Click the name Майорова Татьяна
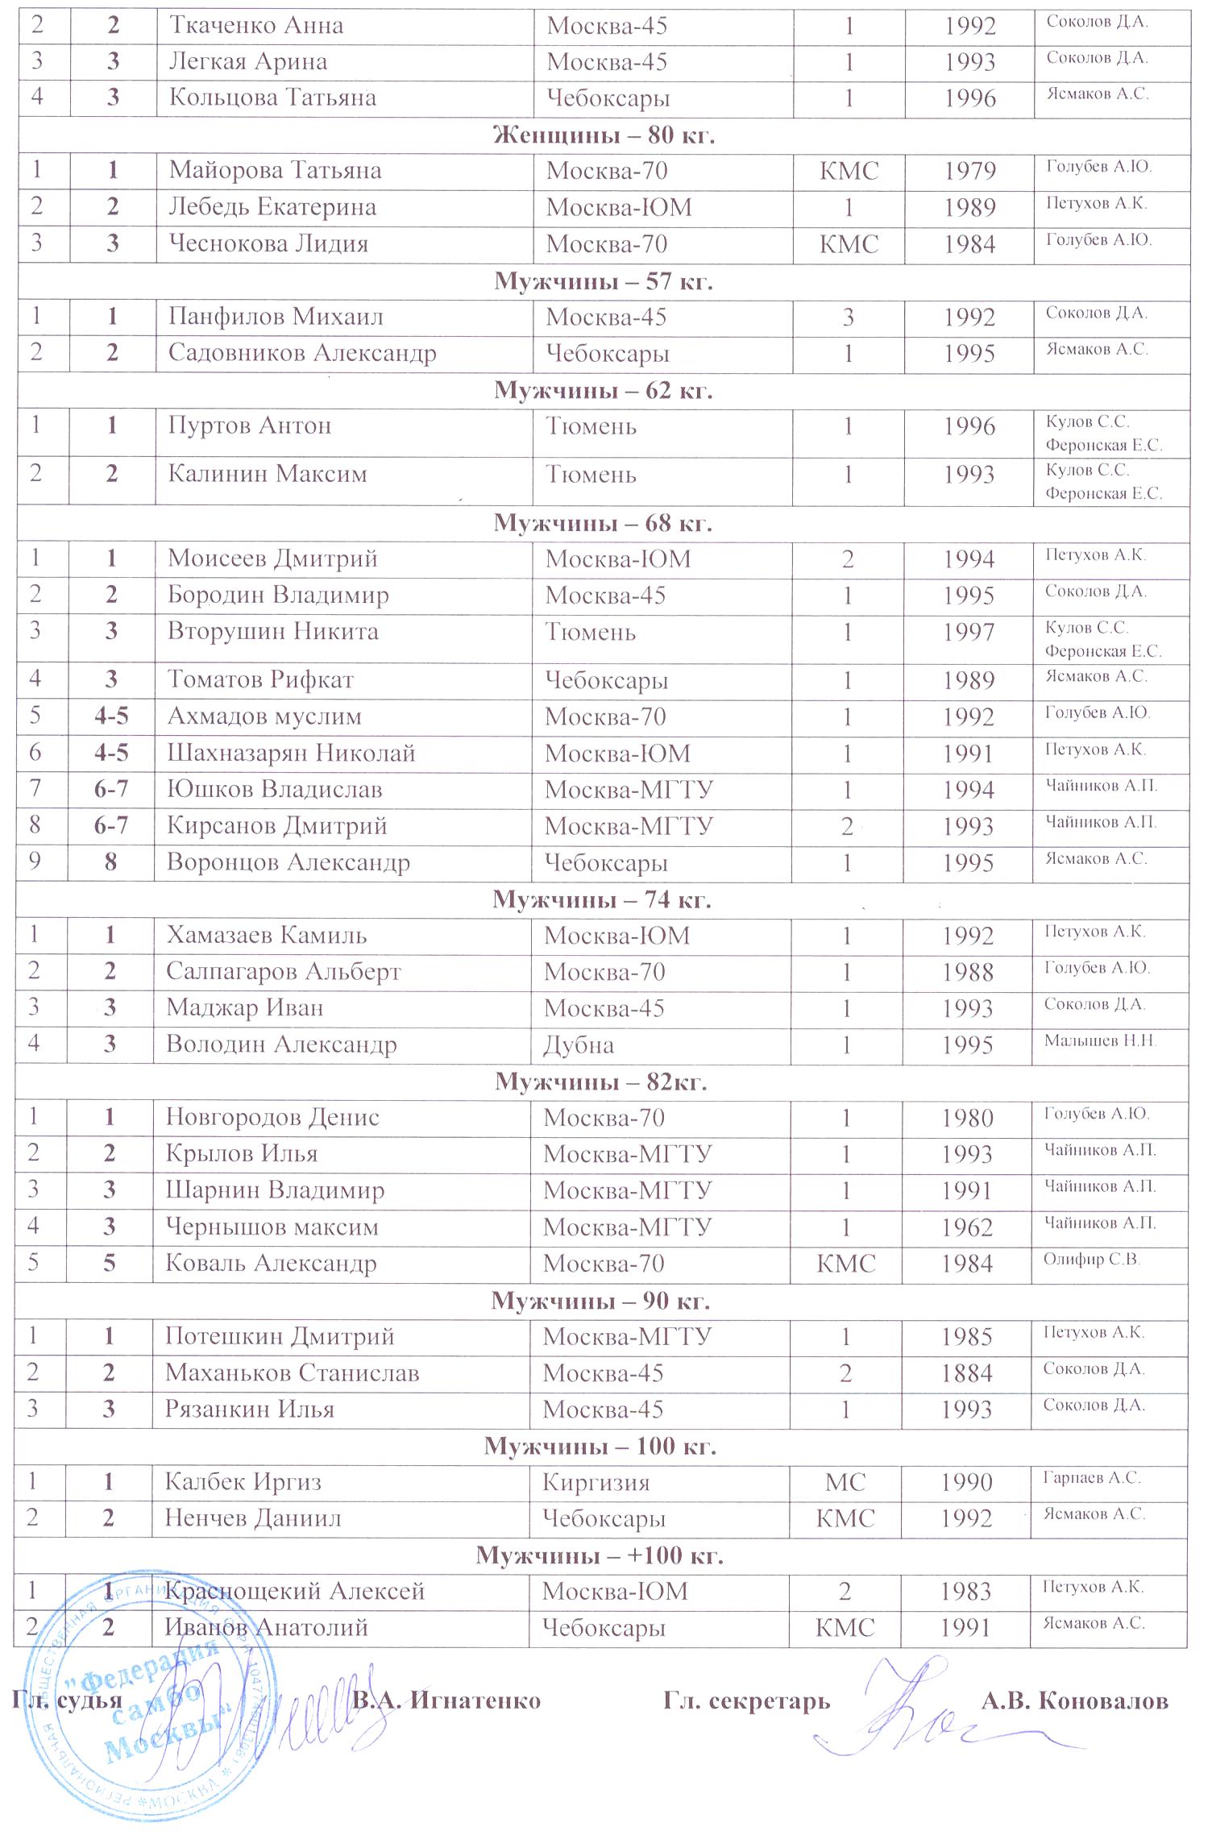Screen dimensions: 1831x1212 [x=275, y=171]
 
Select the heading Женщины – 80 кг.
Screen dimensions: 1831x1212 [x=604, y=135]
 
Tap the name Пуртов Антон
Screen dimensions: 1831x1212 [x=249, y=426]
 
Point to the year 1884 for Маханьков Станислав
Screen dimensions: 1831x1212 [x=966, y=1373]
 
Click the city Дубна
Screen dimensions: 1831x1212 [x=578, y=1045]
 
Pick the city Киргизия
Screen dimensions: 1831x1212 [x=596, y=1482]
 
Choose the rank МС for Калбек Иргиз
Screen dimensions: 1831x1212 [x=845, y=1482]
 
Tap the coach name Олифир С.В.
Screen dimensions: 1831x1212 [x=1091, y=1260]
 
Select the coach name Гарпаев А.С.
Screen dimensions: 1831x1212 [x=1091, y=1478]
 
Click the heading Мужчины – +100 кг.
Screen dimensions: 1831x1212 [x=600, y=1555]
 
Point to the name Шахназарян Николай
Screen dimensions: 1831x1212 [x=291, y=754]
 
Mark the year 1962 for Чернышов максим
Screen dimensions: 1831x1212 [x=967, y=1227]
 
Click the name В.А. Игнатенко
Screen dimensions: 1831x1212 [x=446, y=1700]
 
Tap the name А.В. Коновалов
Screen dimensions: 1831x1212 [x=1074, y=1700]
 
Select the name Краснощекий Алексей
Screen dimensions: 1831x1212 [x=294, y=1591]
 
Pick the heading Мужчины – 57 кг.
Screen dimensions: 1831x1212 [x=604, y=281]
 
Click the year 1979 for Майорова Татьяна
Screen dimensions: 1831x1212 [x=970, y=171]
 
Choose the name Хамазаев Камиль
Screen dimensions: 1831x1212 [x=267, y=936]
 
